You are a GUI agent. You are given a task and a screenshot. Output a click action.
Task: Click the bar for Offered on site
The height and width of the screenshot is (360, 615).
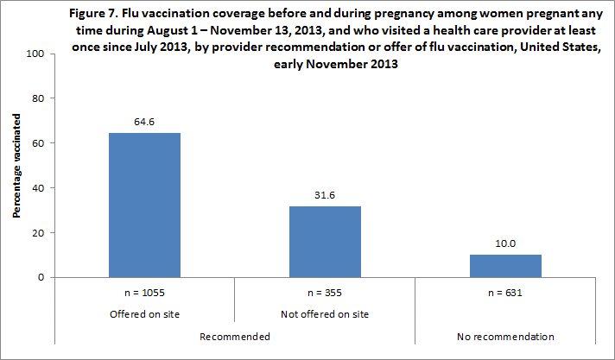(144, 205)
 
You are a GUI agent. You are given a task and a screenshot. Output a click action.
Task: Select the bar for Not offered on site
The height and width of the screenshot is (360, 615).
(325, 242)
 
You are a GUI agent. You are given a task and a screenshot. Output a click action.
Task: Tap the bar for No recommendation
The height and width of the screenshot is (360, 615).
(505, 266)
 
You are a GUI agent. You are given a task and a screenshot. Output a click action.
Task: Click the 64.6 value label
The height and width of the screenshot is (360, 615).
(144, 123)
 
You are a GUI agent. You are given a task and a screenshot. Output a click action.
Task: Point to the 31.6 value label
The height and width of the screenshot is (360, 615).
(325, 197)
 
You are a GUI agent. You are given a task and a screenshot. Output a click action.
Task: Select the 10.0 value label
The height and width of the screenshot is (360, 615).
(505, 245)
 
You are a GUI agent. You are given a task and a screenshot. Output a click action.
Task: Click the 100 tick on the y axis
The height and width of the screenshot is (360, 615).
(35, 54)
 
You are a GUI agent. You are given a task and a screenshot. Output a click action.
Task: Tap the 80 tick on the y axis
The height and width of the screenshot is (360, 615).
(38, 98)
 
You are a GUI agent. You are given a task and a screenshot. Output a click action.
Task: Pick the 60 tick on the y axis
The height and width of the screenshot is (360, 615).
(38, 143)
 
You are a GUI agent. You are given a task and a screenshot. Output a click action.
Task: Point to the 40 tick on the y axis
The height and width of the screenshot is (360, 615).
(38, 188)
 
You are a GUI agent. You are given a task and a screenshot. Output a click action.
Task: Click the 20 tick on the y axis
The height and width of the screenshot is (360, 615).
(38, 233)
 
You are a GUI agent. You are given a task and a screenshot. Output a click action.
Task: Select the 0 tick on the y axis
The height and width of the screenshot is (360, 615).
(41, 278)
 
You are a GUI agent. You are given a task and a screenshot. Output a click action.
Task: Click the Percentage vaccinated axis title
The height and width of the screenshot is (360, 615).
(16, 166)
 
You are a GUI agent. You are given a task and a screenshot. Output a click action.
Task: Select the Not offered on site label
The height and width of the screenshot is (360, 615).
(325, 313)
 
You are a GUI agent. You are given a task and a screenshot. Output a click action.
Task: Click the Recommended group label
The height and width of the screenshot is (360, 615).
(235, 335)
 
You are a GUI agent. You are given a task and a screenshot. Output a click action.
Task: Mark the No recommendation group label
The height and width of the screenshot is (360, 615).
(505, 335)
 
